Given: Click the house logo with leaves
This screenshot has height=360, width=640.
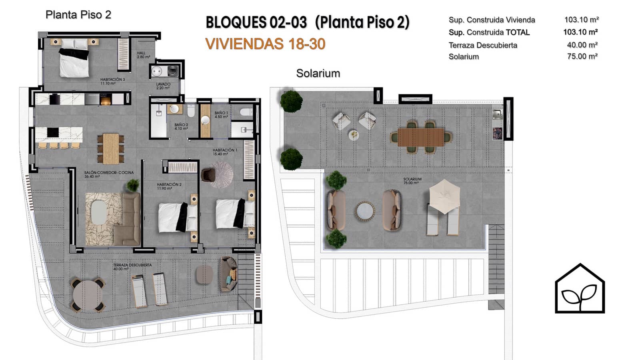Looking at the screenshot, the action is click(580, 288).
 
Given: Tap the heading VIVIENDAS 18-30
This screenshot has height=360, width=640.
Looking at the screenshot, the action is click(265, 44).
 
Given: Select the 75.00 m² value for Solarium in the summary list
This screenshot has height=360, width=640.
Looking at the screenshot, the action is click(582, 56).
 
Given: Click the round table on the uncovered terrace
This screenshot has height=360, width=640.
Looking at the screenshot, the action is click(88, 295).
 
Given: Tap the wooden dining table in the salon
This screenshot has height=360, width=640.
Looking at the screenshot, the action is click(111, 149).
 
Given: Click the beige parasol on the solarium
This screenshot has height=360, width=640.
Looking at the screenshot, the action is click(444, 196).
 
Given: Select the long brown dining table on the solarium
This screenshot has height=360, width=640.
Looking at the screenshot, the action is click(421, 137).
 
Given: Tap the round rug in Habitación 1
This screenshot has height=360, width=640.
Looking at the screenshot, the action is click(222, 174).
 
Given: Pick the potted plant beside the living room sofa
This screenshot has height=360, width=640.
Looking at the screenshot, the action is click(133, 185).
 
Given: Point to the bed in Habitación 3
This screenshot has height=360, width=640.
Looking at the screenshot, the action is click(74, 58).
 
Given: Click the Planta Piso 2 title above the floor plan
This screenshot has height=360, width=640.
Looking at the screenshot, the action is click(78, 15).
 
